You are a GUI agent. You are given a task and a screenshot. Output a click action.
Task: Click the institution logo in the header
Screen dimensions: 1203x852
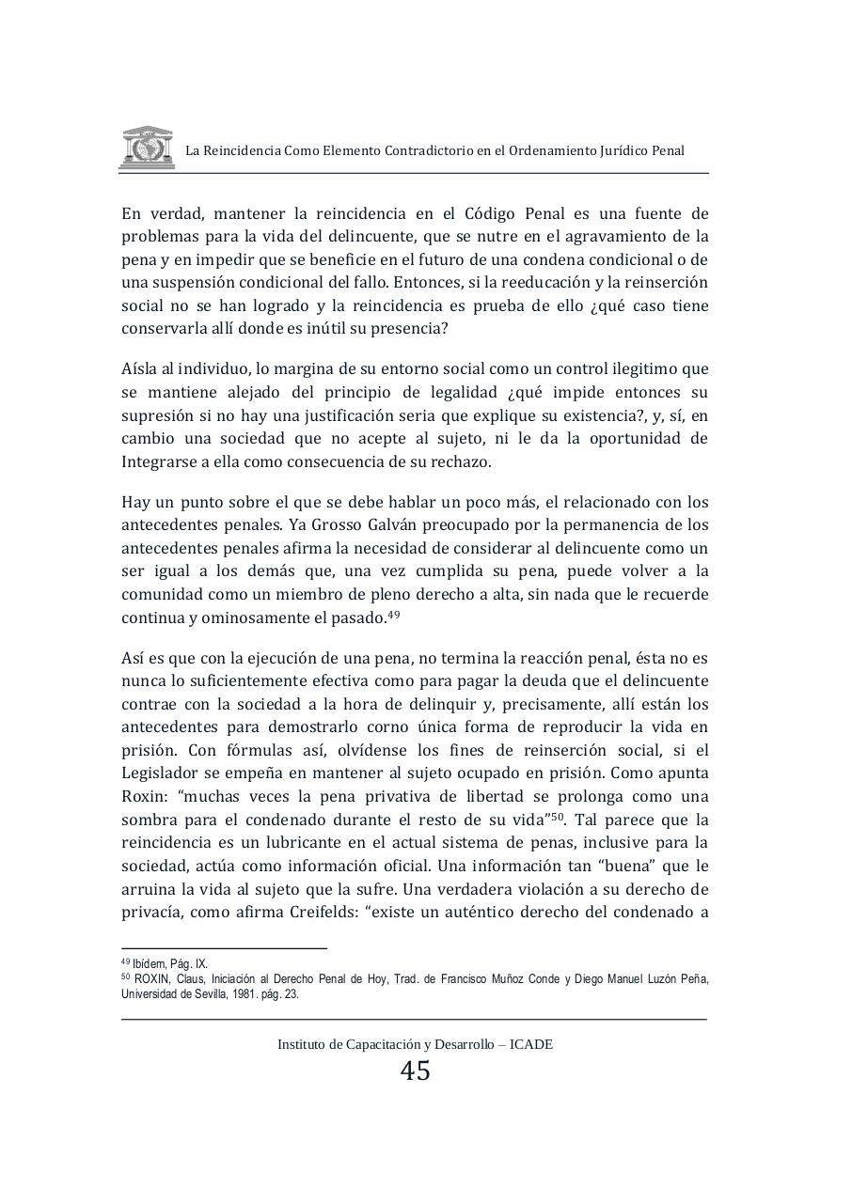[x=146, y=147]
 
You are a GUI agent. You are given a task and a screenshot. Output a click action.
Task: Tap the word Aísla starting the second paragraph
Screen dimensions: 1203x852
[x=141, y=368]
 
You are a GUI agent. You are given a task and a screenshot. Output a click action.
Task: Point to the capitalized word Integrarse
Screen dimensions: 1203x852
[x=160, y=461]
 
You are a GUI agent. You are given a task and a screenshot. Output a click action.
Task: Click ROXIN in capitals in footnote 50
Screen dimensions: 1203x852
[x=152, y=979]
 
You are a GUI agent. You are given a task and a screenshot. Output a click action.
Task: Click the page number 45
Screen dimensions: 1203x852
[x=415, y=1070]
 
